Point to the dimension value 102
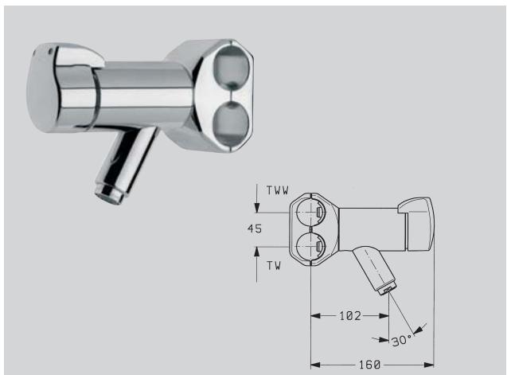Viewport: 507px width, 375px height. coord(349,316)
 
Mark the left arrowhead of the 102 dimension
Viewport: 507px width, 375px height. coord(313,316)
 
